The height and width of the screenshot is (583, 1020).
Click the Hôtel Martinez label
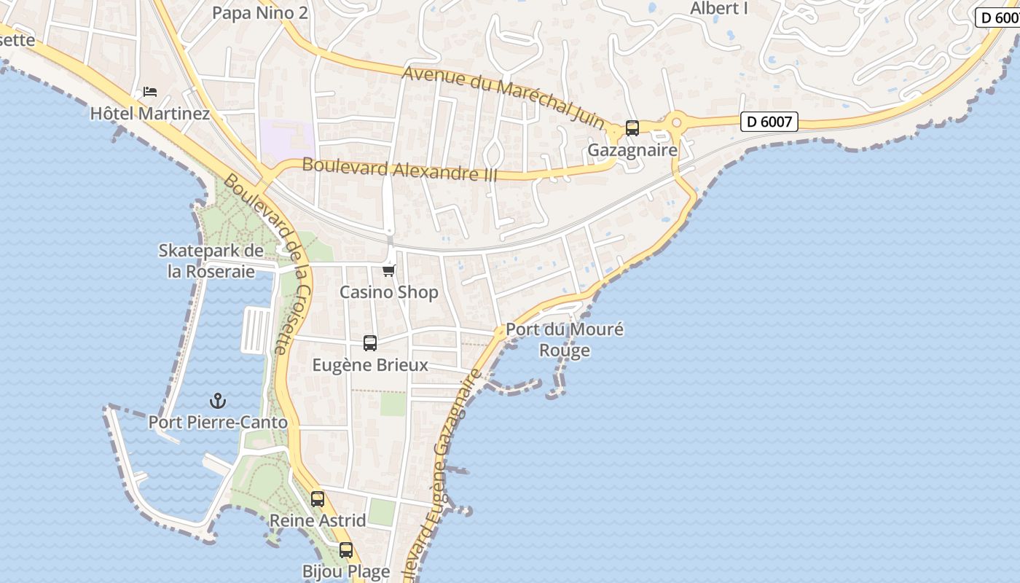(150, 114)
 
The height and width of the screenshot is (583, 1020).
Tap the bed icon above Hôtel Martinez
(150, 92)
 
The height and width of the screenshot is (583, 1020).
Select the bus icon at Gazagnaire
(632, 128)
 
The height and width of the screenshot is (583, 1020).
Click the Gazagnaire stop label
(632, 150)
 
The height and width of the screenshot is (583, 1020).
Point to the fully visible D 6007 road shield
(769, 122)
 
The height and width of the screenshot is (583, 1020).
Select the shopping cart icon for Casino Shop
(389, 271)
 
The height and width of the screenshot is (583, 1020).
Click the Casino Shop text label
(389, 292)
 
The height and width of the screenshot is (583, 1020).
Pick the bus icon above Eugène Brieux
(370, 343)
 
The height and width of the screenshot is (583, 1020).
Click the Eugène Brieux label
(370, 364)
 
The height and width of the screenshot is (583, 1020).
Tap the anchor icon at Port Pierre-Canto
(218, 401)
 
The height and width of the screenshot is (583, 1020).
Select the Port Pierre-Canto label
(218, 422)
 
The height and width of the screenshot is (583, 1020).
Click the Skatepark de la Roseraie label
(211, 261)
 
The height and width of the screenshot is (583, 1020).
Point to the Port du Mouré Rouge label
(565, 340)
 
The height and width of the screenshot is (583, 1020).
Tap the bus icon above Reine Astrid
(318, 499)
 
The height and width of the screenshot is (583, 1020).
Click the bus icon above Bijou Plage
(346, 550)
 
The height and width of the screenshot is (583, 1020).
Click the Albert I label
(719, 9)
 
